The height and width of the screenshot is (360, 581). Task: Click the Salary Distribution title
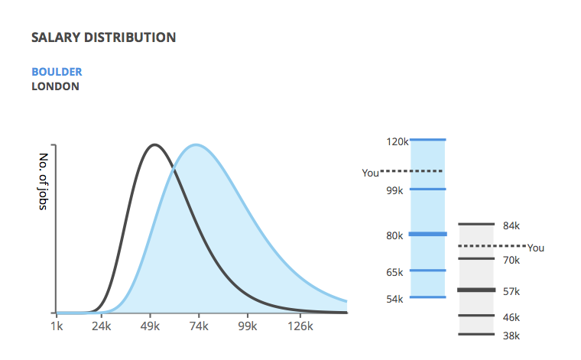[x=103, y=37]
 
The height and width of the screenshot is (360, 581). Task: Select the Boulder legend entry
[x=57, y=72]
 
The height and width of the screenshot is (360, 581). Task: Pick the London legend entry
[x=55, y=86]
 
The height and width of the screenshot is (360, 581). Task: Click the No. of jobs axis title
[x=44, y=183]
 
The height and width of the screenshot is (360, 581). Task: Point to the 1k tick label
[x=57, y=326]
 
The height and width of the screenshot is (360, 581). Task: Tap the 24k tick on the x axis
[x=102, y=326]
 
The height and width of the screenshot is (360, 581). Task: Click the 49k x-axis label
[x=151, y=326]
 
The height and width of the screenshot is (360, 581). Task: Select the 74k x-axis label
[x=199, y=326]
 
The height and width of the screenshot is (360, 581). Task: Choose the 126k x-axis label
[x=300, y=326]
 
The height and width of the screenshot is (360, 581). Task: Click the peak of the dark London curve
[x=155, y=144]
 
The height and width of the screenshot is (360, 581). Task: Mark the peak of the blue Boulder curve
[x=196, y=144]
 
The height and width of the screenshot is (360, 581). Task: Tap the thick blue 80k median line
[x=428, y=234]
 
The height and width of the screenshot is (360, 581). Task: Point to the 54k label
[x=395, y=299]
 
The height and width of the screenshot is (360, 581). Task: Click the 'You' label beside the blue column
[x=371, y=174]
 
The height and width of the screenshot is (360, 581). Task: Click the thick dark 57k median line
[x=476, y=290]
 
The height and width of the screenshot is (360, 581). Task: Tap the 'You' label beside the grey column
[x=536, y=248]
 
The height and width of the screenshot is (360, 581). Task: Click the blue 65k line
[x=428, y=270]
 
